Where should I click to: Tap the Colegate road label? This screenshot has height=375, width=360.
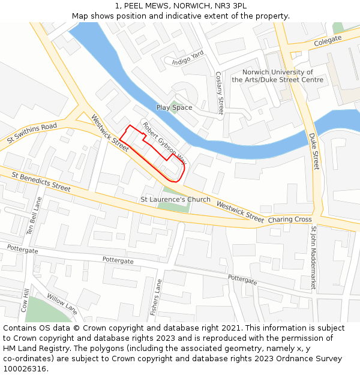point(328,40)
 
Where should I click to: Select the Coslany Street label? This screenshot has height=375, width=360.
point(220,93)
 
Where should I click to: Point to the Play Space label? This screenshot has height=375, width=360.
point(174,108)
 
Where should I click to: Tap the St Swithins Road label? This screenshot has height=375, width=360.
point(32,133)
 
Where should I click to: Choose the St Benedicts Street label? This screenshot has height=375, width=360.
point(41,181)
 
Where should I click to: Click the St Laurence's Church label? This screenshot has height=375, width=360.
point(175,199)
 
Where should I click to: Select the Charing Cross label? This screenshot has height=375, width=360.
point(289,220)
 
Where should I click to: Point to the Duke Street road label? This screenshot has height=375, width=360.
point(315,151)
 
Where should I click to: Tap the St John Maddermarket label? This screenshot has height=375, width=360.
point(313,258)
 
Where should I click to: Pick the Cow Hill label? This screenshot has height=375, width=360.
point(25,299)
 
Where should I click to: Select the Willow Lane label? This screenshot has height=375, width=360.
point(62,305)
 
